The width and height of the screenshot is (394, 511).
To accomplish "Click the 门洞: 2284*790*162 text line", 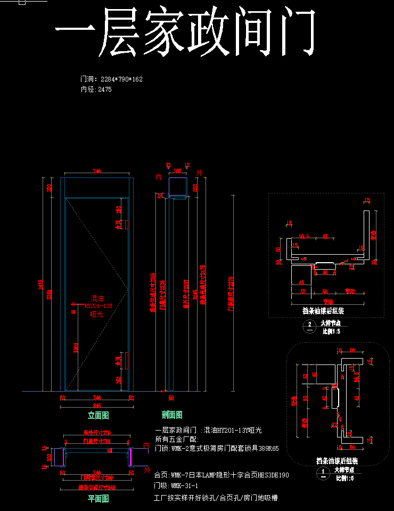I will point(111,79).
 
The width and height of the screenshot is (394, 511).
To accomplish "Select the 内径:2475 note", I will point(96,90).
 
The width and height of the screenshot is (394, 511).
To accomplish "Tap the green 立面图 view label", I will point(98,416).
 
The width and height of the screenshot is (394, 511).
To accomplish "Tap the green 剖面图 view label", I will point(172,415).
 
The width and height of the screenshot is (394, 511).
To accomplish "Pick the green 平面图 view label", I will point(98,499).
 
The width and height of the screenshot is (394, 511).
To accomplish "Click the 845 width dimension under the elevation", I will point(97,405).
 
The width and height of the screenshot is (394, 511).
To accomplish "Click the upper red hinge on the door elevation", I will point(127,224).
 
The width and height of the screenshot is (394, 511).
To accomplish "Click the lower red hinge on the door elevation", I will point(127,361).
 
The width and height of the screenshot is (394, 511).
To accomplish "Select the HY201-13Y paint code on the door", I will point(98,306).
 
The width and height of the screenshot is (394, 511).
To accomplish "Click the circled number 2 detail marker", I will point(310,325).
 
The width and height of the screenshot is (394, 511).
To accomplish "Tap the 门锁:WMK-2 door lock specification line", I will point(216,449).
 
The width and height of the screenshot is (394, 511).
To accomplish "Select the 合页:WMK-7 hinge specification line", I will point(221,475).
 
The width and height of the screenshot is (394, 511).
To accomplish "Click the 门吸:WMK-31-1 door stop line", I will point(176,486).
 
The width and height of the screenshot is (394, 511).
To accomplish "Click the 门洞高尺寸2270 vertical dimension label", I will point(230,293).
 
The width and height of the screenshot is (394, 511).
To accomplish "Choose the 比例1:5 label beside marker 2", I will point(331,331).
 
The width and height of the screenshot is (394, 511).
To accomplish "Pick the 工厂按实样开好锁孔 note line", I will point(216,498).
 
